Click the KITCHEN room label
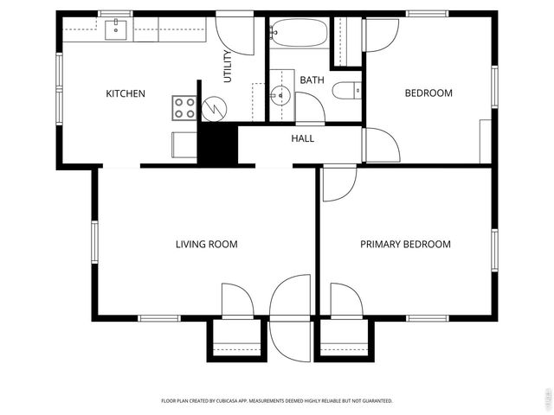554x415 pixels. (x=126, y=94)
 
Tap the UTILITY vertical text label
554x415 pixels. (x=229, y=67)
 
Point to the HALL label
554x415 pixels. (x=303, y=138)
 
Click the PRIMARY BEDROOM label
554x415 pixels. (x=405, y=245)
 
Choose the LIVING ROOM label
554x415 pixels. (x=206, y=245)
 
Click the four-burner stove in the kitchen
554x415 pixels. (x=184, y=107)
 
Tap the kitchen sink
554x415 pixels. (x=116, y=30)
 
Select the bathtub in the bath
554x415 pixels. (x=299, y=34)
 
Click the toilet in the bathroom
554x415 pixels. (x=345, y=89)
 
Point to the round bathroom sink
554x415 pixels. (x=280, y=95)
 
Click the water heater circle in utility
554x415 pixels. (x=213, y=109)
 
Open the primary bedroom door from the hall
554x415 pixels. (x=338, y=183)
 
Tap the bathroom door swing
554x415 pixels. (x=309, y=108)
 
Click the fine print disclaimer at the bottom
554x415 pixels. (x=277, y=401)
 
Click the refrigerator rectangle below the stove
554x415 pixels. (x=184, y=144)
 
